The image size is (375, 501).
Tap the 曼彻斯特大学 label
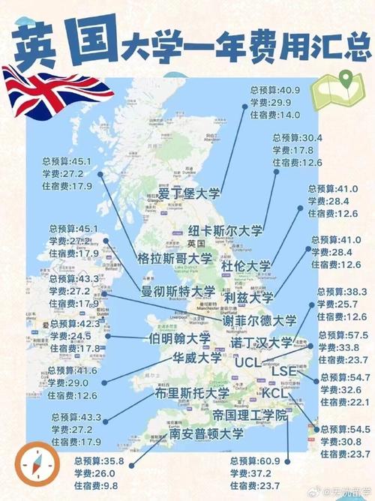178,291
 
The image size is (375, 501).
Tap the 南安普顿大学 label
207,433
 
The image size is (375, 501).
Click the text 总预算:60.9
256,460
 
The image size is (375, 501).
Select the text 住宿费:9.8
97,485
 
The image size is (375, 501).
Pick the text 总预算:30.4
298,138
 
